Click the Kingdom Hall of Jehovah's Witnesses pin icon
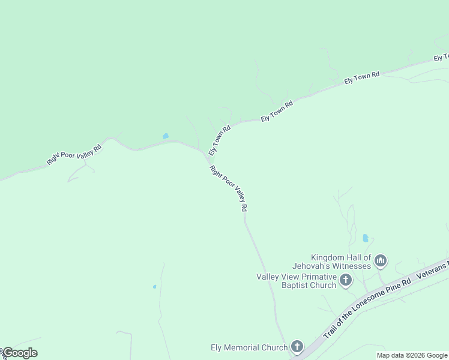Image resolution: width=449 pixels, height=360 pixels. click(x=381, y=261)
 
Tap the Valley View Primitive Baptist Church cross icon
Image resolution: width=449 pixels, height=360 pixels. click(x=346, y=280)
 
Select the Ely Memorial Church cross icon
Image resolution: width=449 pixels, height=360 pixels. click(x=297, y=347)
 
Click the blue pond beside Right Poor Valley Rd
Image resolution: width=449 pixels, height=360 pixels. click(x=166, y=136)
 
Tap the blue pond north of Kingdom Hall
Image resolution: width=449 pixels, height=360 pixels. click(x=366, y=238)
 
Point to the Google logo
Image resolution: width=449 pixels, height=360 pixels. click(x=19, y=353)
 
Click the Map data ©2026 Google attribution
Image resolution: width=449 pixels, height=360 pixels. click(x=412, y=355)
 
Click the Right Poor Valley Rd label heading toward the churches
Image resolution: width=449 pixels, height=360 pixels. click(x=229, y=188)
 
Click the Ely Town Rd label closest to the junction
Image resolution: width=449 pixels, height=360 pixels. click(x=220, y=140)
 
